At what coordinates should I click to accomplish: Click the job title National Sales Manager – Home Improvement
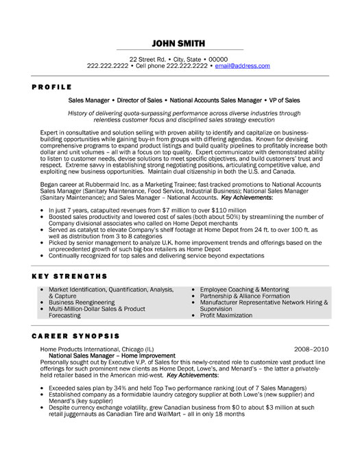(112, 356)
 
